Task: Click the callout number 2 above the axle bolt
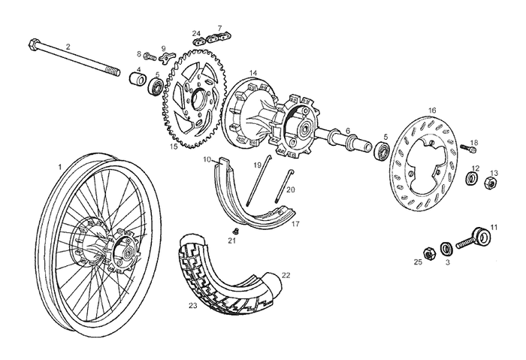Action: [68, 47]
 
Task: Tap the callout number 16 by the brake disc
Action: [432, 110]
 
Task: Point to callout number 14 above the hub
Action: [253, 73]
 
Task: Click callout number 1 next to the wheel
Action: [59, 165]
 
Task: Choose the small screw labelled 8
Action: [149, 55]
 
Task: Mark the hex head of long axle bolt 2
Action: [33, 41]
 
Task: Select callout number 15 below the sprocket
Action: [174, 147]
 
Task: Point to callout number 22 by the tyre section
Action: [286, 276]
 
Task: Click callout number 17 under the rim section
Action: [295, 224]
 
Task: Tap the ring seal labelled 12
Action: [473, 178]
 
